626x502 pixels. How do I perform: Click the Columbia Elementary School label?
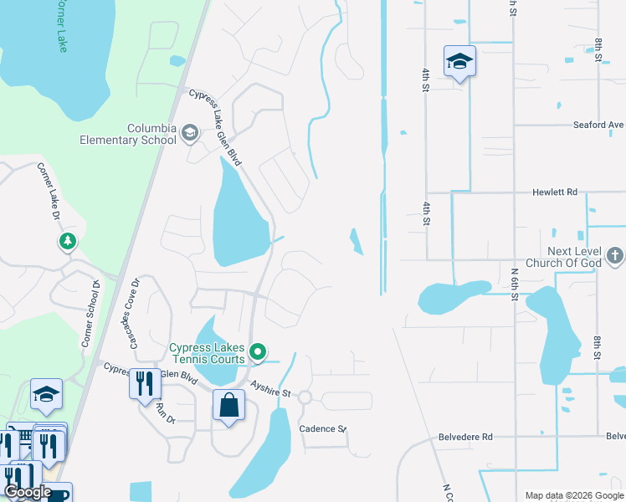click(x=128, y=134)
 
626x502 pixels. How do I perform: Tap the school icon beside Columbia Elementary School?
click(x=190, y=131)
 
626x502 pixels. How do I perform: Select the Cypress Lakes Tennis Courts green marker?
click(x=259, y=351)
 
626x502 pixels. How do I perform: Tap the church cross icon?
click(x=615, y=254)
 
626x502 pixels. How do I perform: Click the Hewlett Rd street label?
click(x=555, y=192)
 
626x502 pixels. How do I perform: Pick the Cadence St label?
click(x=323, y=428)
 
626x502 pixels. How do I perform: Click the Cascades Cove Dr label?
click(x=130, y=306)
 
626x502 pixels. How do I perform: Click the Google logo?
click(x=27, y=492)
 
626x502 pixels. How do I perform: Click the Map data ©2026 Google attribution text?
click(x=573, y=495)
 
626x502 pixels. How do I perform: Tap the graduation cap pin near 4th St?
click(x=459, y=63)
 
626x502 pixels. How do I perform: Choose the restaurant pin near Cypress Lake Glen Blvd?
click(x=145, y=384)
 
